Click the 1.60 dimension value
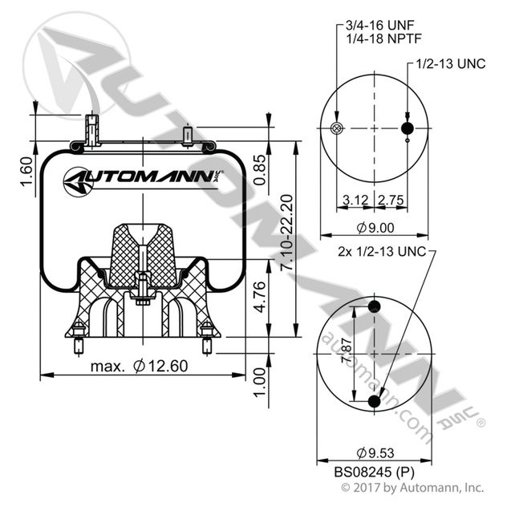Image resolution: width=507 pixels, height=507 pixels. point(26,176)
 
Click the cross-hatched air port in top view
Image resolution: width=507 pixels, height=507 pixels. point(336,128)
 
